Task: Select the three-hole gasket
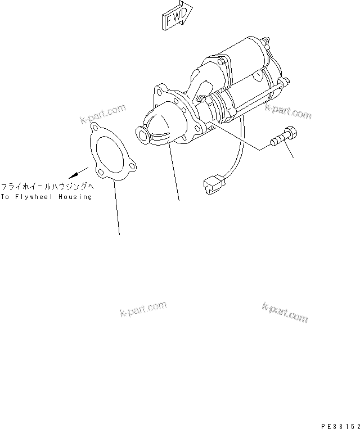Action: tap(111, 152)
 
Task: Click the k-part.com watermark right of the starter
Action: tap(287, 111)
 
